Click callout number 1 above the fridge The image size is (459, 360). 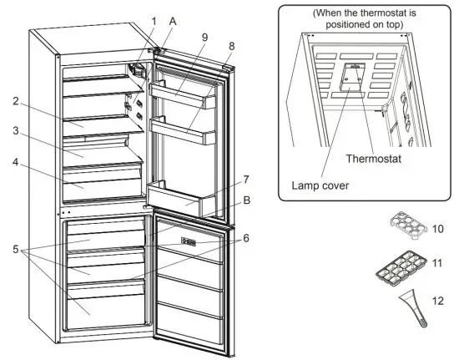pyautogui.click(x=153, y=20)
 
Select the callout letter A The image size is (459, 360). pyautogui.click(x=173, y=21)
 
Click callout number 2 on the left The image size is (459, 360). pyautogui.click(x=15, y=102)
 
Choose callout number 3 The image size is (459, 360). pyautogui.click(x=15, y=131)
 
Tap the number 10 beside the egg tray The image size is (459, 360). pyautogui.click(x=436, y=228)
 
